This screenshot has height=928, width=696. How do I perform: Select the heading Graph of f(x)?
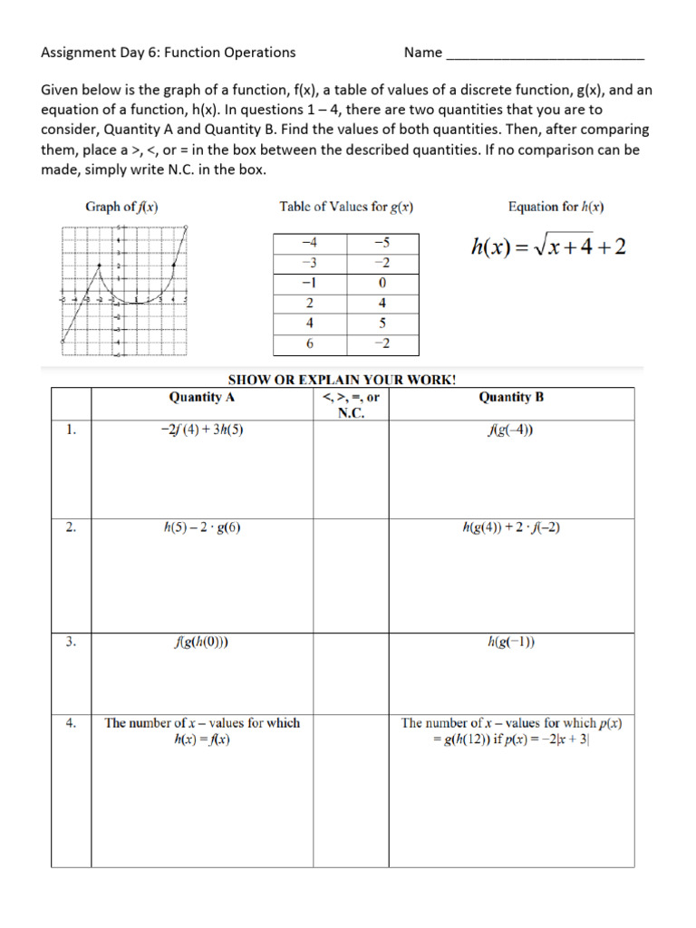(122, 207)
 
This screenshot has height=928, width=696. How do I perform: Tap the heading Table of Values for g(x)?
(346, 207)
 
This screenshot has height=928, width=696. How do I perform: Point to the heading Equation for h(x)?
(556, 207)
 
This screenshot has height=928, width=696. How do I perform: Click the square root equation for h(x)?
(546, 246)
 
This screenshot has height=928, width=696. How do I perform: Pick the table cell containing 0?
(382, 283)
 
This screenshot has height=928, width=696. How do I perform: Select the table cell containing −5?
(382, 243)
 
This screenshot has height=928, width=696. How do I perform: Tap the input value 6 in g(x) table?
(310, 344)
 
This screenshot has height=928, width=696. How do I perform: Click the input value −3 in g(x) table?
(310, 263)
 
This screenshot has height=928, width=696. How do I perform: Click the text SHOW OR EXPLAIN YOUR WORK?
(341, 379)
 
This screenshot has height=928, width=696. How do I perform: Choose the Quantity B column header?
(511, 397)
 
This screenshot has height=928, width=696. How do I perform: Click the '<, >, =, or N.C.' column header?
(350, 404)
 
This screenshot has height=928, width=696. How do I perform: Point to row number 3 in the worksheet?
(71, 643)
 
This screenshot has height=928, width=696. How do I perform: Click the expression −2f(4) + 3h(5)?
(201, 430)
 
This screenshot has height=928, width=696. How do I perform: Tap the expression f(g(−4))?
(511, 430)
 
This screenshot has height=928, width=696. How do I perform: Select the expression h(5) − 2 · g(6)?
(201, 527)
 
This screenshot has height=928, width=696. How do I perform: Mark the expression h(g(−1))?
(511, 643)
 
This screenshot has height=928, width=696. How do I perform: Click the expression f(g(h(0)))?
(201, 643)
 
